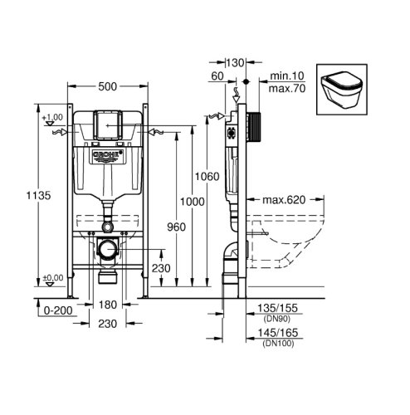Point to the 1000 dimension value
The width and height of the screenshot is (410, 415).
coord(193,202)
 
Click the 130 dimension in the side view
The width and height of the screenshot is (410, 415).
coord(236,61)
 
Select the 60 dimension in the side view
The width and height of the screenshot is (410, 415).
coord(217,76)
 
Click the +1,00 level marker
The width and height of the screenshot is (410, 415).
coord(52,118)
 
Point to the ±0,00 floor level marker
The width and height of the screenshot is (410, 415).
coord(52,277)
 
